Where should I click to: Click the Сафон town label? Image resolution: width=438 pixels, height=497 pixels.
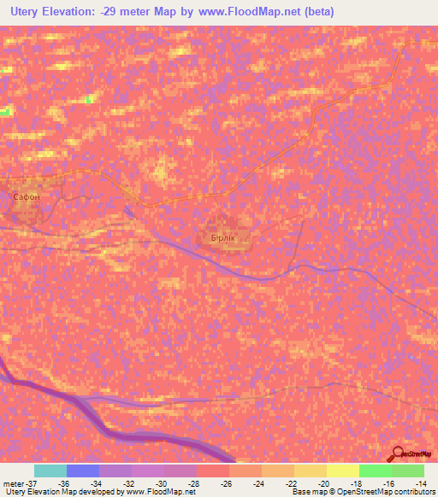coord(27,196)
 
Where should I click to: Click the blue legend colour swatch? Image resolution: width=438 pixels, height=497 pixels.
coord(83,471)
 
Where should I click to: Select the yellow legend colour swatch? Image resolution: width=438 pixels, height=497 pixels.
coord(343,471)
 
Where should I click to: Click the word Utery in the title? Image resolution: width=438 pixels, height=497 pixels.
coord(25,12)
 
